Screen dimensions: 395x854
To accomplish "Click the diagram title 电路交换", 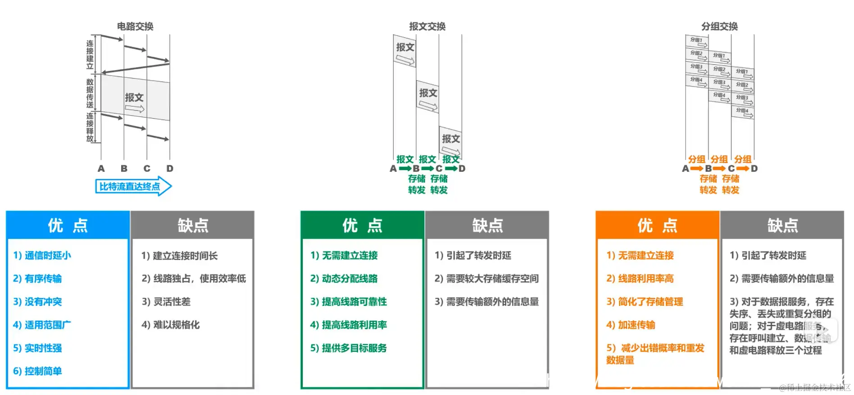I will (135, 27).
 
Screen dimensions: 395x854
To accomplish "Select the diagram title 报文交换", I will (427, 27).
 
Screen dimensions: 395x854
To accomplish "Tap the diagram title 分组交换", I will (719, 27).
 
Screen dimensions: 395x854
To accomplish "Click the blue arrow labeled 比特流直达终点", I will (133, 186).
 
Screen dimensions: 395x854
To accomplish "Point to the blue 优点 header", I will (68, 225).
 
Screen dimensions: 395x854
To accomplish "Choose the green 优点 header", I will (362, 225).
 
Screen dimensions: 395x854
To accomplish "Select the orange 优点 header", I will (657, 225).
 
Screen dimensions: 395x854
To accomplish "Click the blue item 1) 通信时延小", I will (42, 256).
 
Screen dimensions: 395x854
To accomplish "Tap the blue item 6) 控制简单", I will (37, 371).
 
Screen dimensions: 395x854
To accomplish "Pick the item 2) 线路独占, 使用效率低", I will (194, 278).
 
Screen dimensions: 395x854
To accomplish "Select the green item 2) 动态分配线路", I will (344, 278).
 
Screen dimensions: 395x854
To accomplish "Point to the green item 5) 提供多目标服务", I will (348, 348).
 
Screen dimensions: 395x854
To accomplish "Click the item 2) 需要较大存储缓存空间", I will (486, 278).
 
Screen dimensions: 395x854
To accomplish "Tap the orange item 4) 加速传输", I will (631, 325).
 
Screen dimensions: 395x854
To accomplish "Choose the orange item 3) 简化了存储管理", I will (645, 302).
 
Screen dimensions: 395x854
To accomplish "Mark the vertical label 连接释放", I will (90, 127).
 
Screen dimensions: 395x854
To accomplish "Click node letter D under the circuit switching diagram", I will (170, 169).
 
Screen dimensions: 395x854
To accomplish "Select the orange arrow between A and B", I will (696, 169).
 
